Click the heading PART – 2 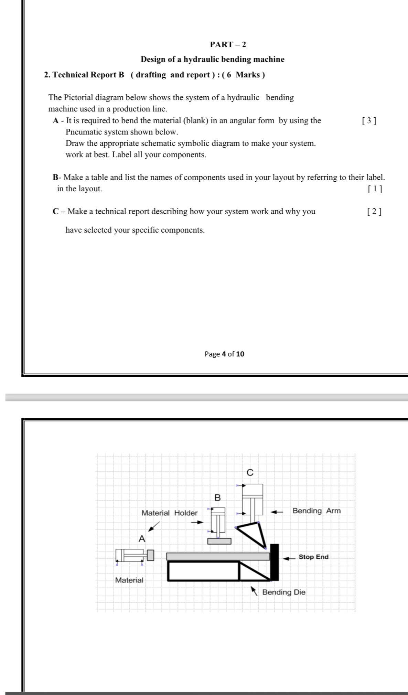(228, 44)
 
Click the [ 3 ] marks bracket (369, 121)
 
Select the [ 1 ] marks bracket (375, 189)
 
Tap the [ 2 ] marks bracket (374, 212)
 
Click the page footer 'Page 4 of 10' (224, 354)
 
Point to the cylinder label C (250, 473)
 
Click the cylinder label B (217, 498)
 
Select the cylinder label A (141, 539)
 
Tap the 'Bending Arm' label (316, 511)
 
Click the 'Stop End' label (313, 557)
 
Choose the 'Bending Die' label (284, 592)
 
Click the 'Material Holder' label (170, 513)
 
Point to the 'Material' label (129, 580)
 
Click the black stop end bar (275, 562)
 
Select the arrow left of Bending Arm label (277, 512)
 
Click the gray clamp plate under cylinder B (219, 541)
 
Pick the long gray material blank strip (218, 556)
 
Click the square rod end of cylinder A (150, 555)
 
